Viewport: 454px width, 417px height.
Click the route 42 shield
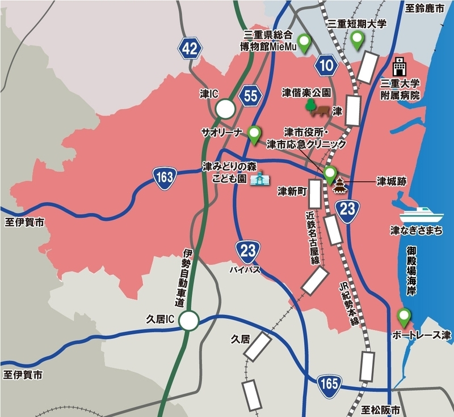[190, 49]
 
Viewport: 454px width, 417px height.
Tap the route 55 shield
[251, 96]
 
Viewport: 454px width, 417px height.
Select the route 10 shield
[327, 66]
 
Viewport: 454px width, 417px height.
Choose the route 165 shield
[330, 382]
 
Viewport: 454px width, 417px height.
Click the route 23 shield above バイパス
[248, 250]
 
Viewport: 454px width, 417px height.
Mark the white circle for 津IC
[225, 108]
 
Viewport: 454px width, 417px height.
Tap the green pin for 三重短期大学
[358, 40]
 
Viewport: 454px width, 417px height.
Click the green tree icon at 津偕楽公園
[310, 105]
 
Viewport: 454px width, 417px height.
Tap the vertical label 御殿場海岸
[411, 270]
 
